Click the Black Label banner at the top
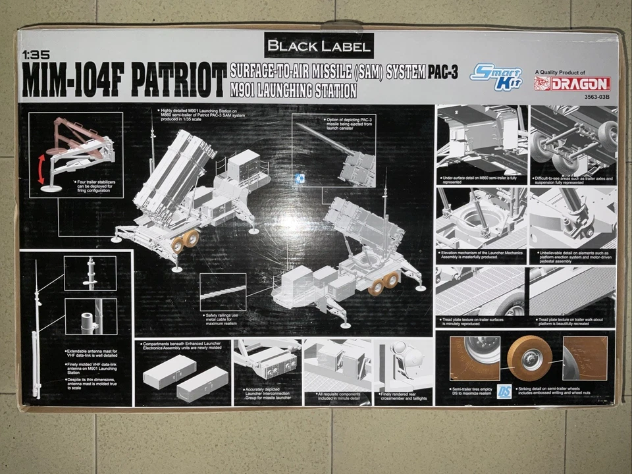pyautogui.click(x=319, y=46)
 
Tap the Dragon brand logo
pyautogui.click(x=572, y=84)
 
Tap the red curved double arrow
pyautogui.click(x=42, y=169)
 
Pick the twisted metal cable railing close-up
pyautogui.click(x=223, y=291)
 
